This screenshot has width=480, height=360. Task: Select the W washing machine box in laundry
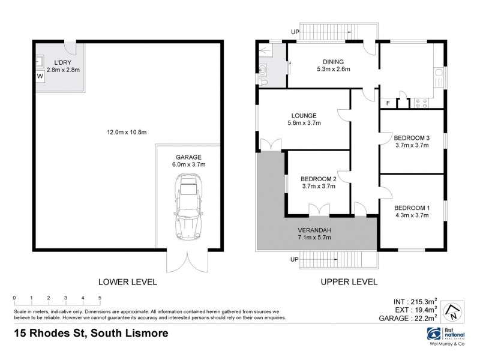(40, 77)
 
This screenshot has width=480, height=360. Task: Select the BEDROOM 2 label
(318, 178)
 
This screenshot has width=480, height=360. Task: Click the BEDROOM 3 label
(412, 136)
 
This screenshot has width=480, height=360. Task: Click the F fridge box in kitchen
(388, 103)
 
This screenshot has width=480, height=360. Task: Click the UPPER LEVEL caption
(350, 281)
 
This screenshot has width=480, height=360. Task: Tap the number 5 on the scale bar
(100, 298)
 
